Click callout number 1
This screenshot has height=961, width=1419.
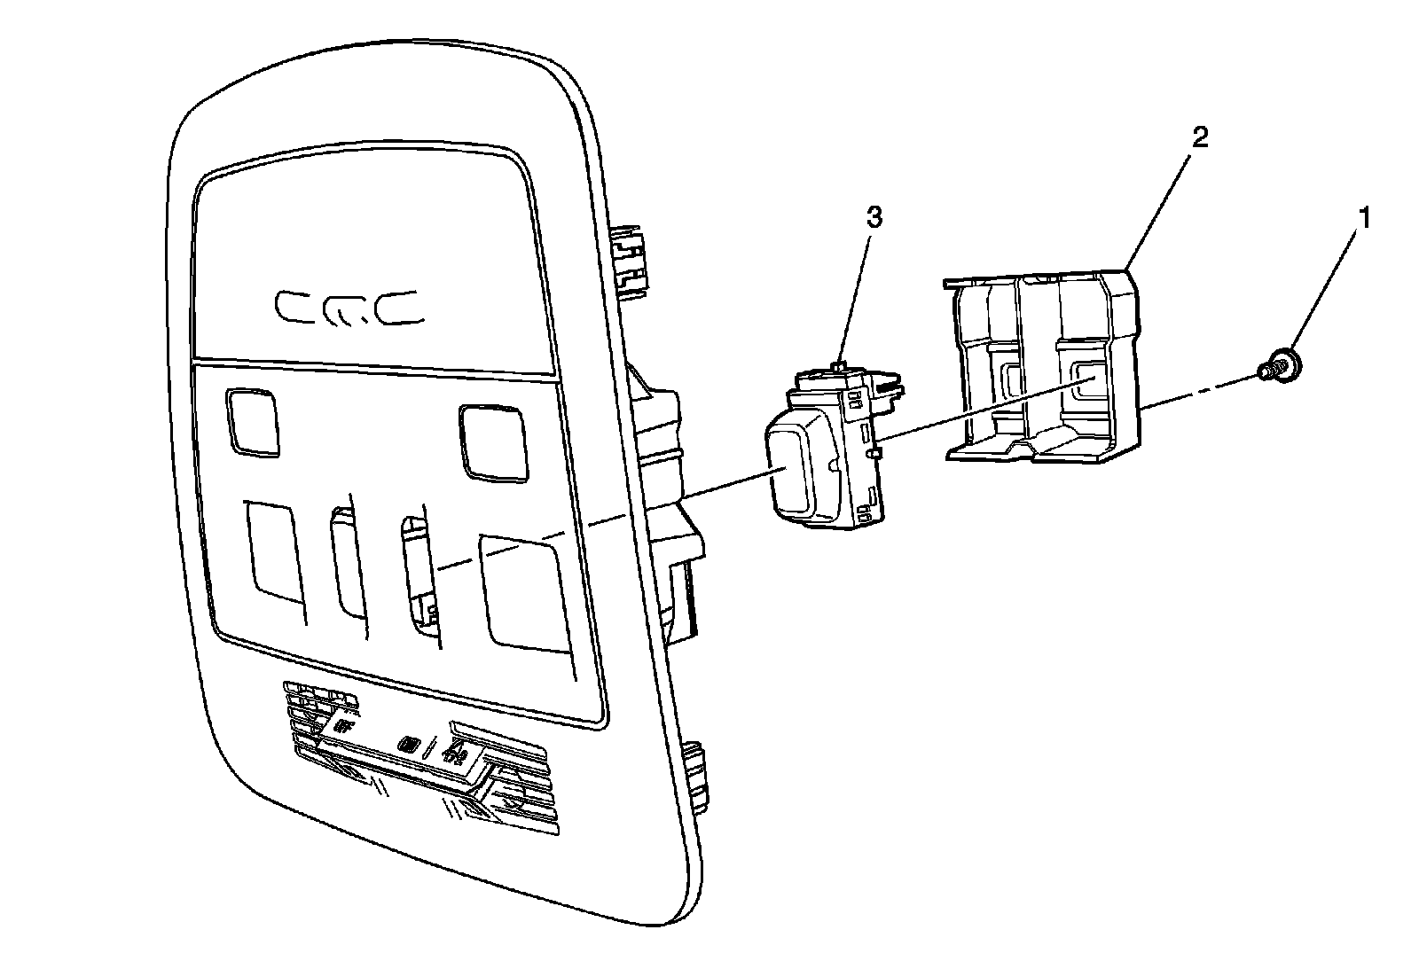pos(1365,217)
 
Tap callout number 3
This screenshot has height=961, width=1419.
pos(874,219)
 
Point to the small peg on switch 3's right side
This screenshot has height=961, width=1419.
pos(875,453)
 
